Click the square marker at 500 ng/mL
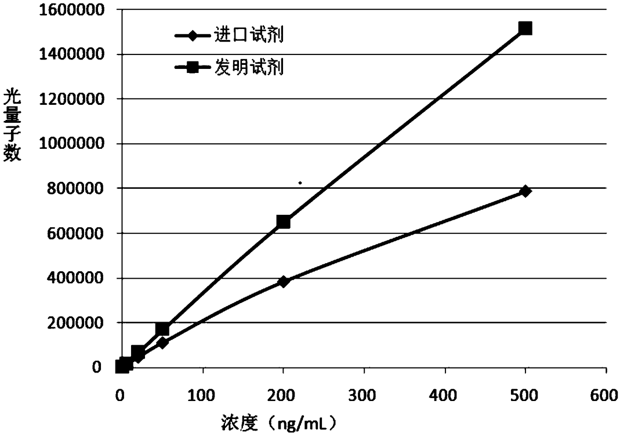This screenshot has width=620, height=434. click(x=525, y=28)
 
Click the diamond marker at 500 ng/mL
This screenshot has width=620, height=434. click(x=525, y=191)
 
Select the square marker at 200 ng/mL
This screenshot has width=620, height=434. click(x=283, y=221)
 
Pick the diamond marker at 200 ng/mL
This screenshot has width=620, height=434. click(x=283, y=281)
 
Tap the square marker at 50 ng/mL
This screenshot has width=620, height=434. click(x=162, y=329)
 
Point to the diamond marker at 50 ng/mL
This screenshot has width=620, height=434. click(x=162, y=343)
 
